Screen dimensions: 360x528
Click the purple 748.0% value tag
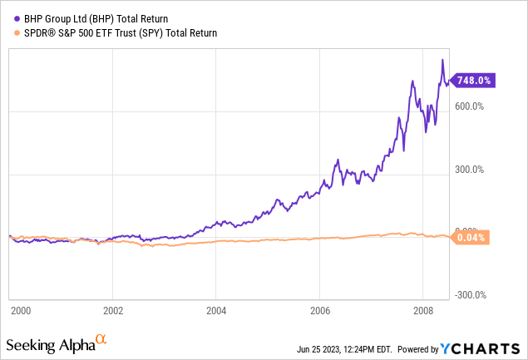473,81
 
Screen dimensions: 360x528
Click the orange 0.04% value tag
472,238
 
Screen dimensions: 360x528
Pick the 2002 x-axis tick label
113,310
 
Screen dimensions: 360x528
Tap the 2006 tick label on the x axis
319,310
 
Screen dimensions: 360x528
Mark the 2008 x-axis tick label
422,310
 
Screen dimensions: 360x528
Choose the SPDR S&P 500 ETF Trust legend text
116,33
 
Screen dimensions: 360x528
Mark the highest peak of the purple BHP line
442,60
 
